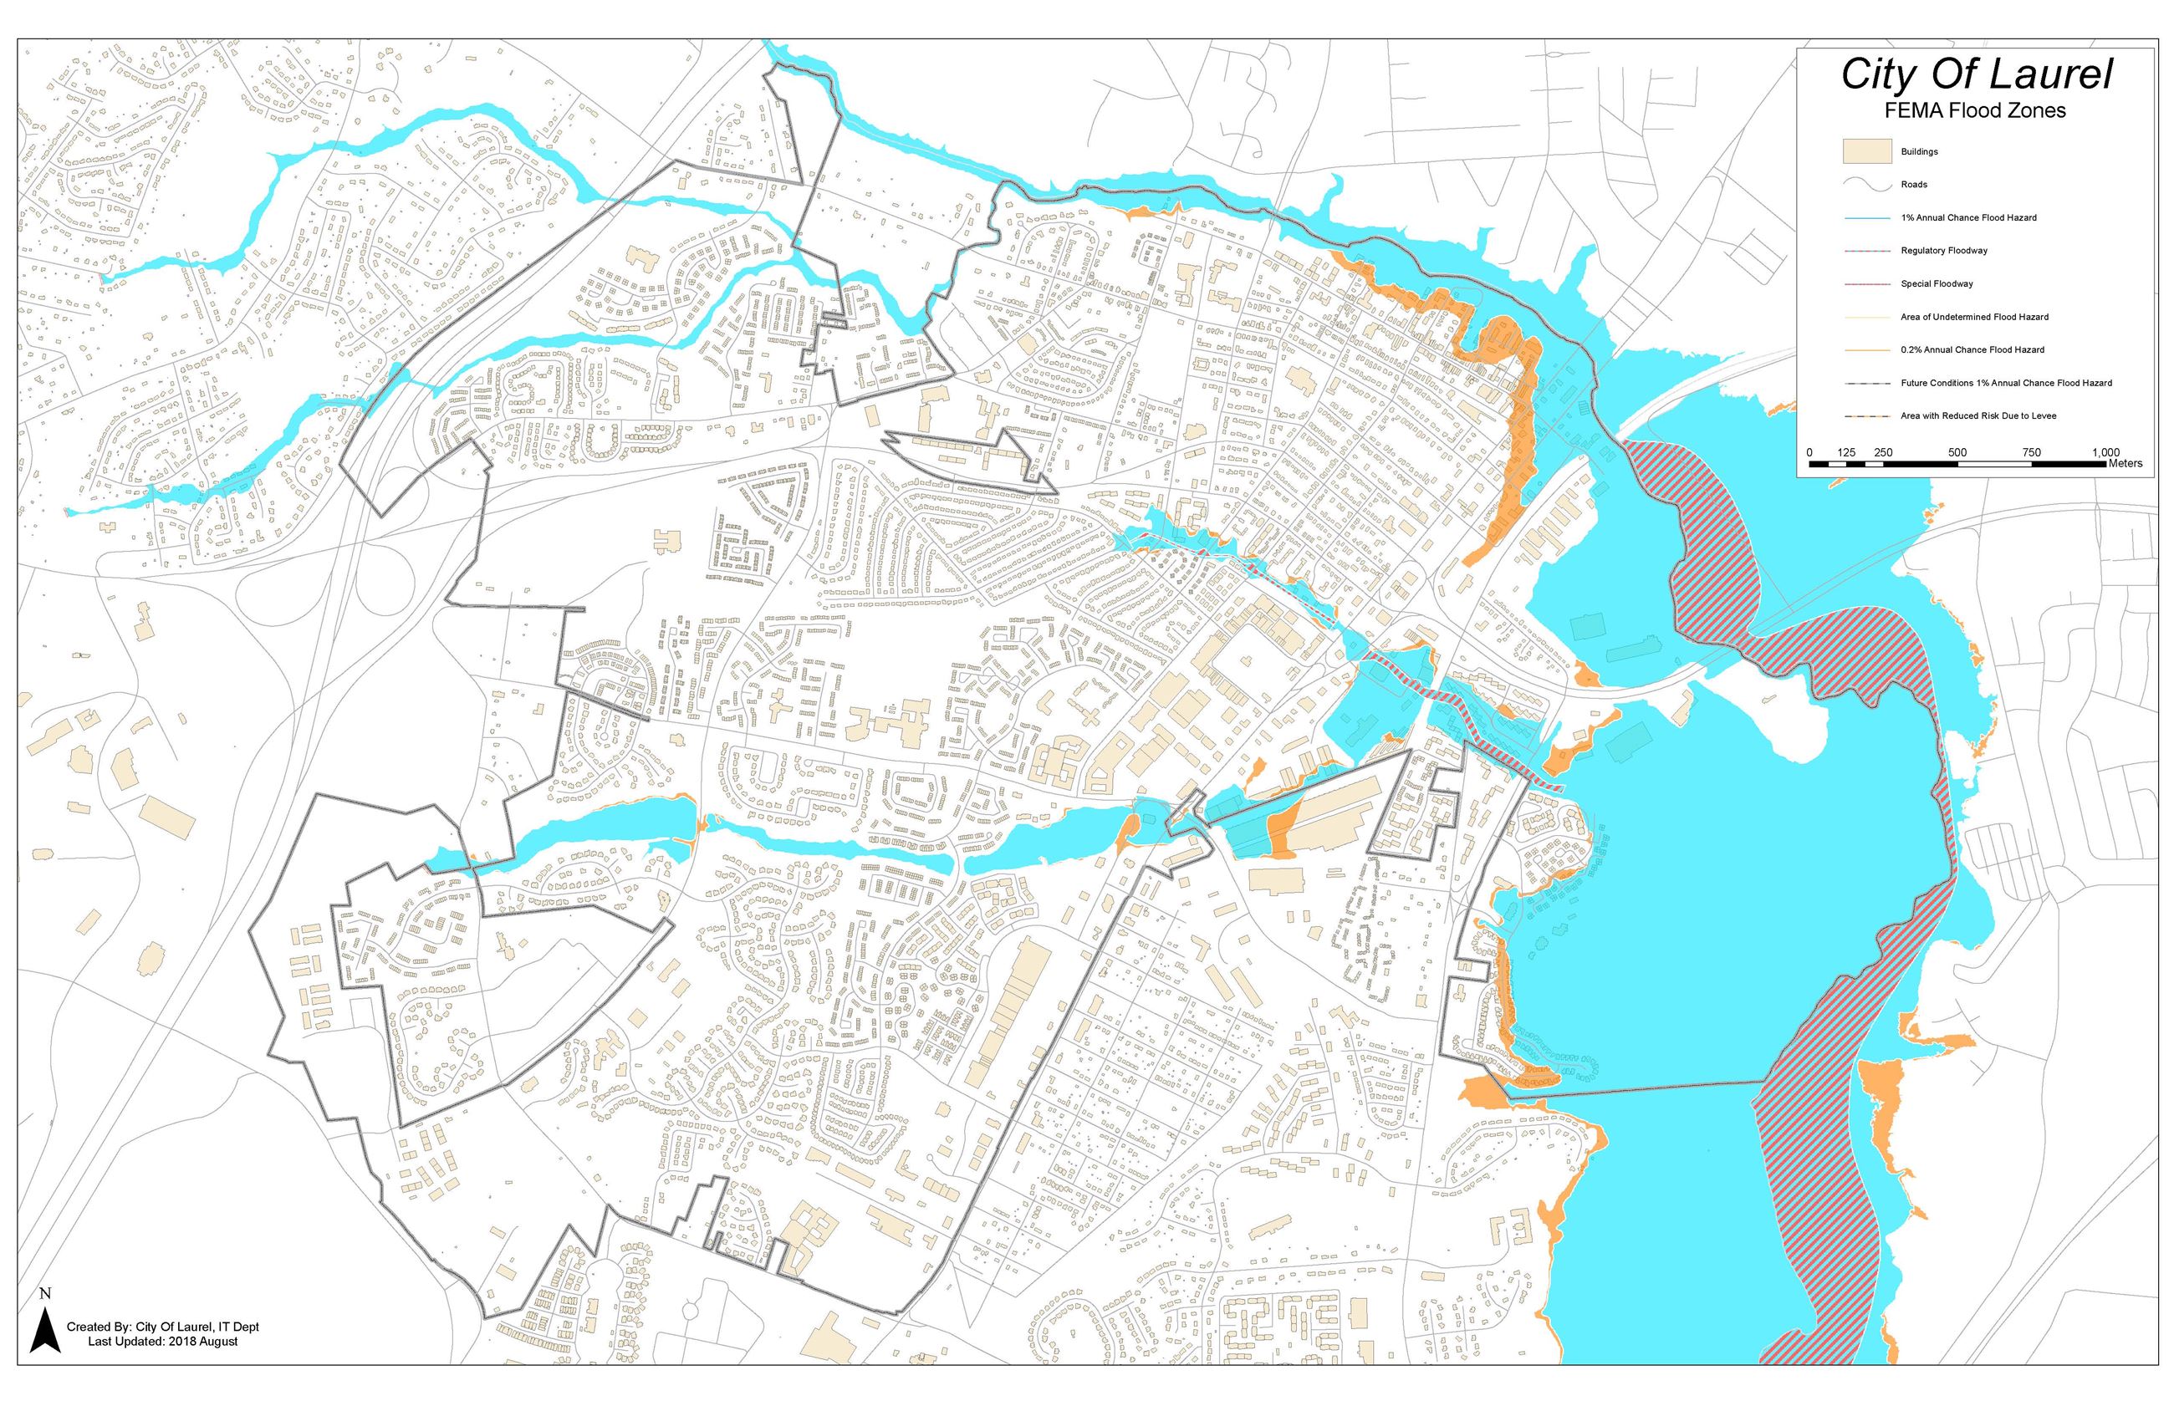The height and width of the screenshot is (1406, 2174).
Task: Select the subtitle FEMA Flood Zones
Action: [1975, 111]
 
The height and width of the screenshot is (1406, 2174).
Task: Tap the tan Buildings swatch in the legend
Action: [1866, 151]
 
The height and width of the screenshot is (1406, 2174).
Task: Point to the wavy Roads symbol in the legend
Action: [1866, 185]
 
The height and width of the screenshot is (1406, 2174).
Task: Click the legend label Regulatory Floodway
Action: [1944, 250]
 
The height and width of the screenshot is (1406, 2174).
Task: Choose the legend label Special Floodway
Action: [1937, 284]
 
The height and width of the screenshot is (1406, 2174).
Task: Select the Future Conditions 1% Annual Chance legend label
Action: [2006, 384]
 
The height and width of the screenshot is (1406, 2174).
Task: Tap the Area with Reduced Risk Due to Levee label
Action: [1978, 416]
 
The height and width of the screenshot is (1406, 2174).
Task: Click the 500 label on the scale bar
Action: [1957, 453]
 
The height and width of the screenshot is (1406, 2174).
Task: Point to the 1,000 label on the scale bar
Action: [2105, 453]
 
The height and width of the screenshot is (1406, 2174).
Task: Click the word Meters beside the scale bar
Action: [2126, 464]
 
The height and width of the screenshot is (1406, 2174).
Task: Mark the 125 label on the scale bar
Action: [1845, 453]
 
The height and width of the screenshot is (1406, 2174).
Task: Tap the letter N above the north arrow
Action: [45, 1294]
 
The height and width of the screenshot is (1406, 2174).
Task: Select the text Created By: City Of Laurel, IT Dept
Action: [162, 1327]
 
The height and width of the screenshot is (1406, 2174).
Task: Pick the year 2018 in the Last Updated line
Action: [182, 1341]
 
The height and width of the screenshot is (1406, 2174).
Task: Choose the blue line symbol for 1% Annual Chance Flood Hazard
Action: [1866, 218]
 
